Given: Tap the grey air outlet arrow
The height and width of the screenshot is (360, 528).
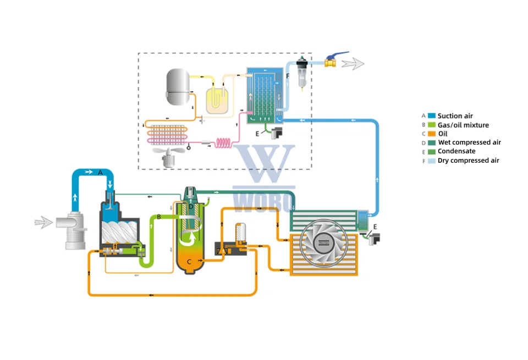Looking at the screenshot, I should coord(353,64).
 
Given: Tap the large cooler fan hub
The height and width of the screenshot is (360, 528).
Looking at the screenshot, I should coord(323,242).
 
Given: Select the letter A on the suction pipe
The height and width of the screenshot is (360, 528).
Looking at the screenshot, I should coord(100,172).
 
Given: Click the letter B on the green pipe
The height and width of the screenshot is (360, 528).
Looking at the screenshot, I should coord(158,218).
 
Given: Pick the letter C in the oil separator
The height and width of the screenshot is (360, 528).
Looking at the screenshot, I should coord(189,262).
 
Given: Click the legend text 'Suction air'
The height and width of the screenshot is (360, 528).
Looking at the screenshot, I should coord(455,116).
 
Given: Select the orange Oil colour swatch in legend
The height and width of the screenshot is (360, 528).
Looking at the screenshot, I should coord(432,134).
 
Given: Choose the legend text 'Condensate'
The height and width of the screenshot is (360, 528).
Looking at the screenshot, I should coord(457,151).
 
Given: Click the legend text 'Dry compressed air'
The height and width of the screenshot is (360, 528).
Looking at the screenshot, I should coord(468,160).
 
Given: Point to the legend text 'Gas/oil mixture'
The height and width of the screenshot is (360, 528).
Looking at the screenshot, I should coord(463,125).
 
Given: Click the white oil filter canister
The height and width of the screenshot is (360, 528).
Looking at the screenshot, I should coord(240,233).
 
